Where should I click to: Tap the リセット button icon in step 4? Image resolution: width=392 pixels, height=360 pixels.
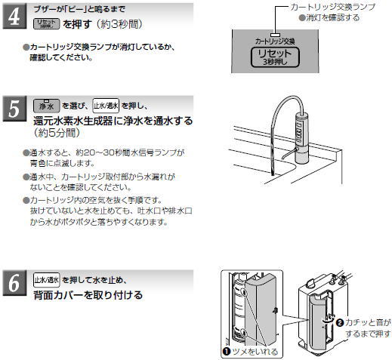[47, 24]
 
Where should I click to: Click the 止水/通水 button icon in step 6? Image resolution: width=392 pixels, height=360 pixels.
[47, 279]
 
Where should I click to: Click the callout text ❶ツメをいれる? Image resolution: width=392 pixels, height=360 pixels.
[249, 351]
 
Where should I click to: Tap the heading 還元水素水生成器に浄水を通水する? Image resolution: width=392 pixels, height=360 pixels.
[113, 120]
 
